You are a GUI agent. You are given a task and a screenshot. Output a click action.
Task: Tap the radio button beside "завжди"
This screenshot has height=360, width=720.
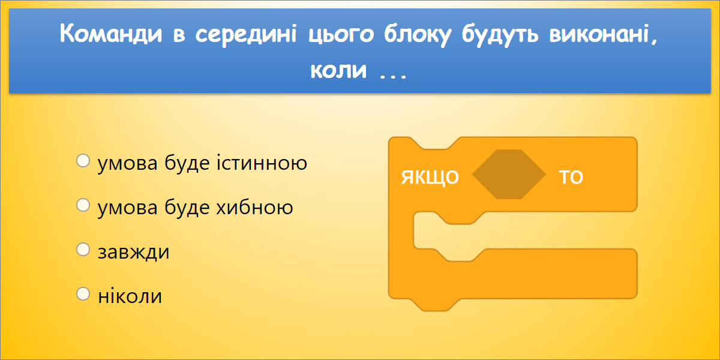[x=83, y=250]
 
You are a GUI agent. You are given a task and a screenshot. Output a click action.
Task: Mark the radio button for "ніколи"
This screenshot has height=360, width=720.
[x=83, y=295]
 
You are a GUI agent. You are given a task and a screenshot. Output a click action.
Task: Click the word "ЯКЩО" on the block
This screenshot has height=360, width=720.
[x=430, y=178]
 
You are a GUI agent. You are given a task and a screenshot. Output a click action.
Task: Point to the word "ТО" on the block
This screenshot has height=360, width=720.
[x=571, y=178]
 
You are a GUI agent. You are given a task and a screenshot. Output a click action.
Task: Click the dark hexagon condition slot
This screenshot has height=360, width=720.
[x=509, y=175]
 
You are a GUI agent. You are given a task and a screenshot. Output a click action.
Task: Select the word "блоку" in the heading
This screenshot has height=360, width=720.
[x=414, y=34]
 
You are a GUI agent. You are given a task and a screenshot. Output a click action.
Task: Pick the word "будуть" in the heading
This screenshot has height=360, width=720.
[x=503, y=34]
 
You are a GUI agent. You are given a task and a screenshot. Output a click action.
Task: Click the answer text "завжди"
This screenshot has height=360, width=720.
[x=133, y=251]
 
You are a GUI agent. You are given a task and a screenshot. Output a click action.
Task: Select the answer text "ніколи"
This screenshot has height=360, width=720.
[x=130, y=296]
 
